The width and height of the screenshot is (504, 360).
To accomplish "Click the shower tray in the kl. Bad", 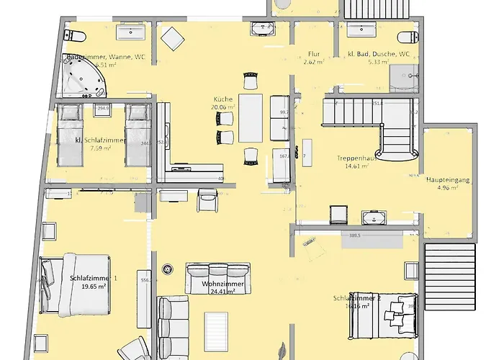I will coord(404,74).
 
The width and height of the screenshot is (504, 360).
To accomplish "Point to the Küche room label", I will coord(222,99).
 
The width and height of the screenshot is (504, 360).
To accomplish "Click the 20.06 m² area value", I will coord(224,107).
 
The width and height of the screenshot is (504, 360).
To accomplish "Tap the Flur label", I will coord(313,54).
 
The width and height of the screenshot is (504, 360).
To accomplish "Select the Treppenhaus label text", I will coord(353,158).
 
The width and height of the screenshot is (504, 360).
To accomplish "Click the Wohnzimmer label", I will coord(222,285).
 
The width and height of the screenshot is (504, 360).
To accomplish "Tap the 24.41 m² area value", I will coord(224,293).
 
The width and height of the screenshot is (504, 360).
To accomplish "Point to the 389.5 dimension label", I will coord(354,235).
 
